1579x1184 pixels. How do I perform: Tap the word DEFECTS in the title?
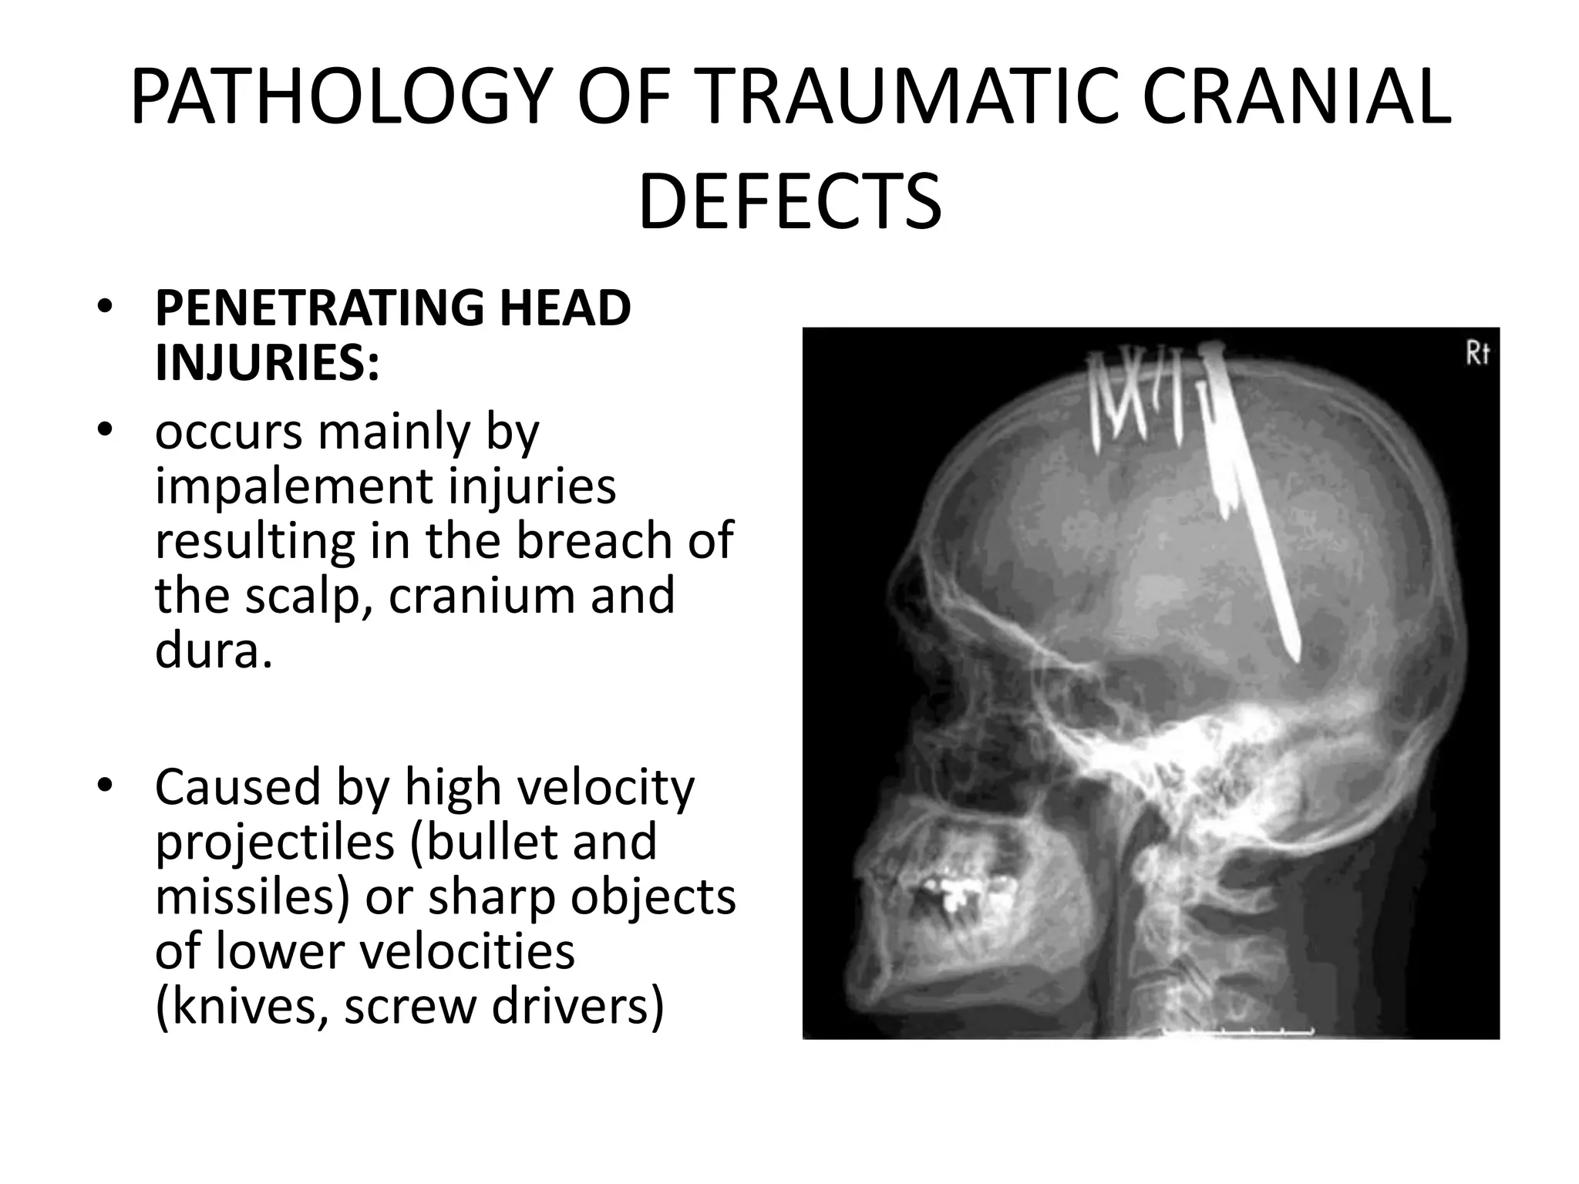tap(789, 202)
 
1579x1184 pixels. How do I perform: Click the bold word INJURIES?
tap(267, 363)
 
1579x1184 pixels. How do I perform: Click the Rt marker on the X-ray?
tap(1476, 354)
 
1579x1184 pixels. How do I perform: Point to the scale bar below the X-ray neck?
tap(1237, 1031)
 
